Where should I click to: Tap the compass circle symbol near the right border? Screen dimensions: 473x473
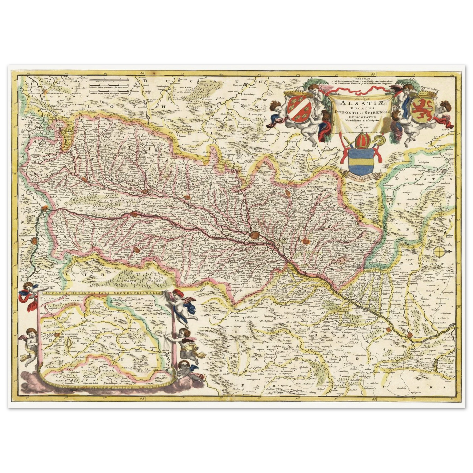439,251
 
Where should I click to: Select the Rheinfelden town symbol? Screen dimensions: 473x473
35,241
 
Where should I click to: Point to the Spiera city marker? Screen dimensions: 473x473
410,335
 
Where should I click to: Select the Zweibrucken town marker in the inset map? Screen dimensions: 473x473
58,335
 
